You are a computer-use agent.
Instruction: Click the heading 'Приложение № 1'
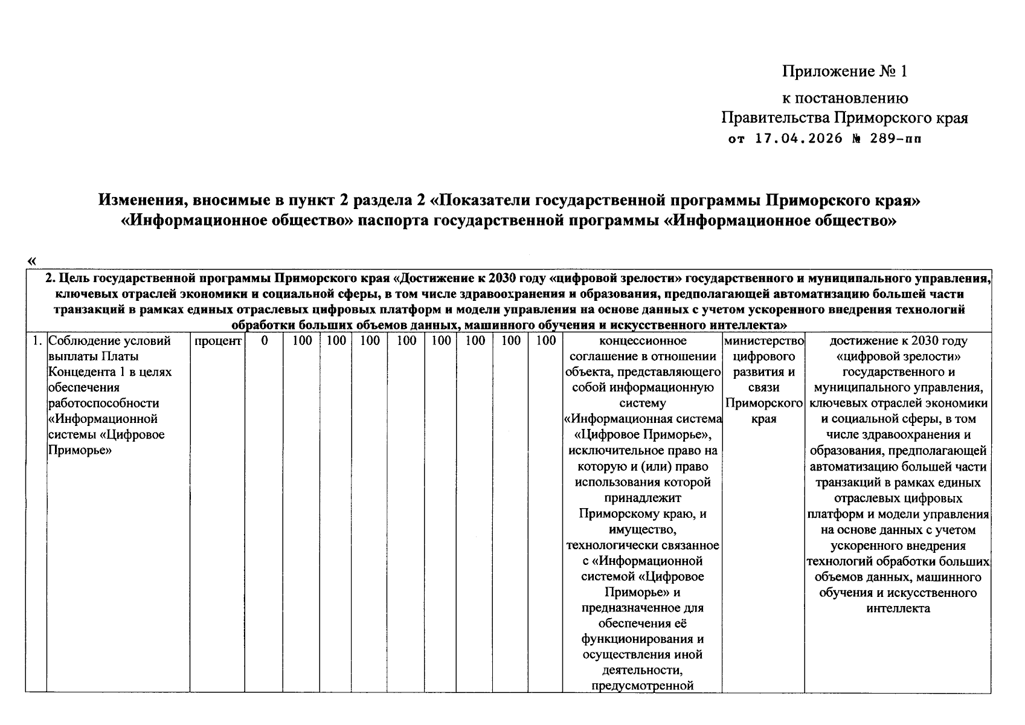click(x=844, y=72)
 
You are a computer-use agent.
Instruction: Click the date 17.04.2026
click(x=798, y=139)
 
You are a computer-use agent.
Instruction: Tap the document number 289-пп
click(x=895, y=139)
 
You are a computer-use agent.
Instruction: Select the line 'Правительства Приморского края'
click(x=844, y=118)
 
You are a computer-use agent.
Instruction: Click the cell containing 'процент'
click(x=217, y=341)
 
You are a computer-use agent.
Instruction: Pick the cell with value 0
click(x=265, y=341)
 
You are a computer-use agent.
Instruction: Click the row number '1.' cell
click(x=36, y=341)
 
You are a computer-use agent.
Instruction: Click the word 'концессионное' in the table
click(x=642, y=341)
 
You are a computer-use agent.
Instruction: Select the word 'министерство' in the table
click(x=763, y=341)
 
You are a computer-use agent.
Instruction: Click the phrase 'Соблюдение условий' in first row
click(x=109, y=341)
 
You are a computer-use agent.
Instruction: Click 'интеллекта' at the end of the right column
click(x=898, y=608)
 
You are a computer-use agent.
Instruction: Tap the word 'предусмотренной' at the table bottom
click(x=642, y=686)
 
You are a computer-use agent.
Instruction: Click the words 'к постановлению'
click(x=844, y=98)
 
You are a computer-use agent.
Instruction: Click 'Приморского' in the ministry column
click(x=763, y=404)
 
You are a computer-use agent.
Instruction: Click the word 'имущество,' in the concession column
click(x=642, y=529)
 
